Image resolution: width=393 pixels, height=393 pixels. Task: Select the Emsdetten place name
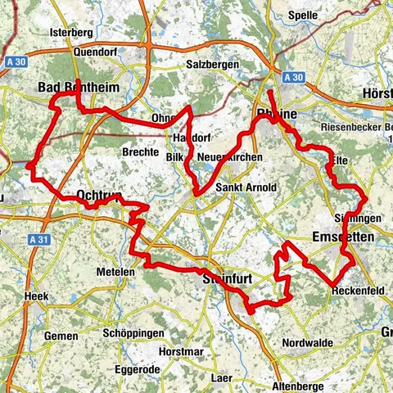pyautogui.click(x=344, y=237)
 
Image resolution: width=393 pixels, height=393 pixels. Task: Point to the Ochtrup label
pyautogui.click(x=100, y=195)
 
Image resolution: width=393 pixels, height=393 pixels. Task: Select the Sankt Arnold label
pyautogui.click(x=246, y=187)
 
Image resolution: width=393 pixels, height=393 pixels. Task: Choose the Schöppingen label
pyautogui.click(x=133, y=333)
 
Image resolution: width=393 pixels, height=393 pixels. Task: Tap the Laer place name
pyautogui.click(x=221, y=380)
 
